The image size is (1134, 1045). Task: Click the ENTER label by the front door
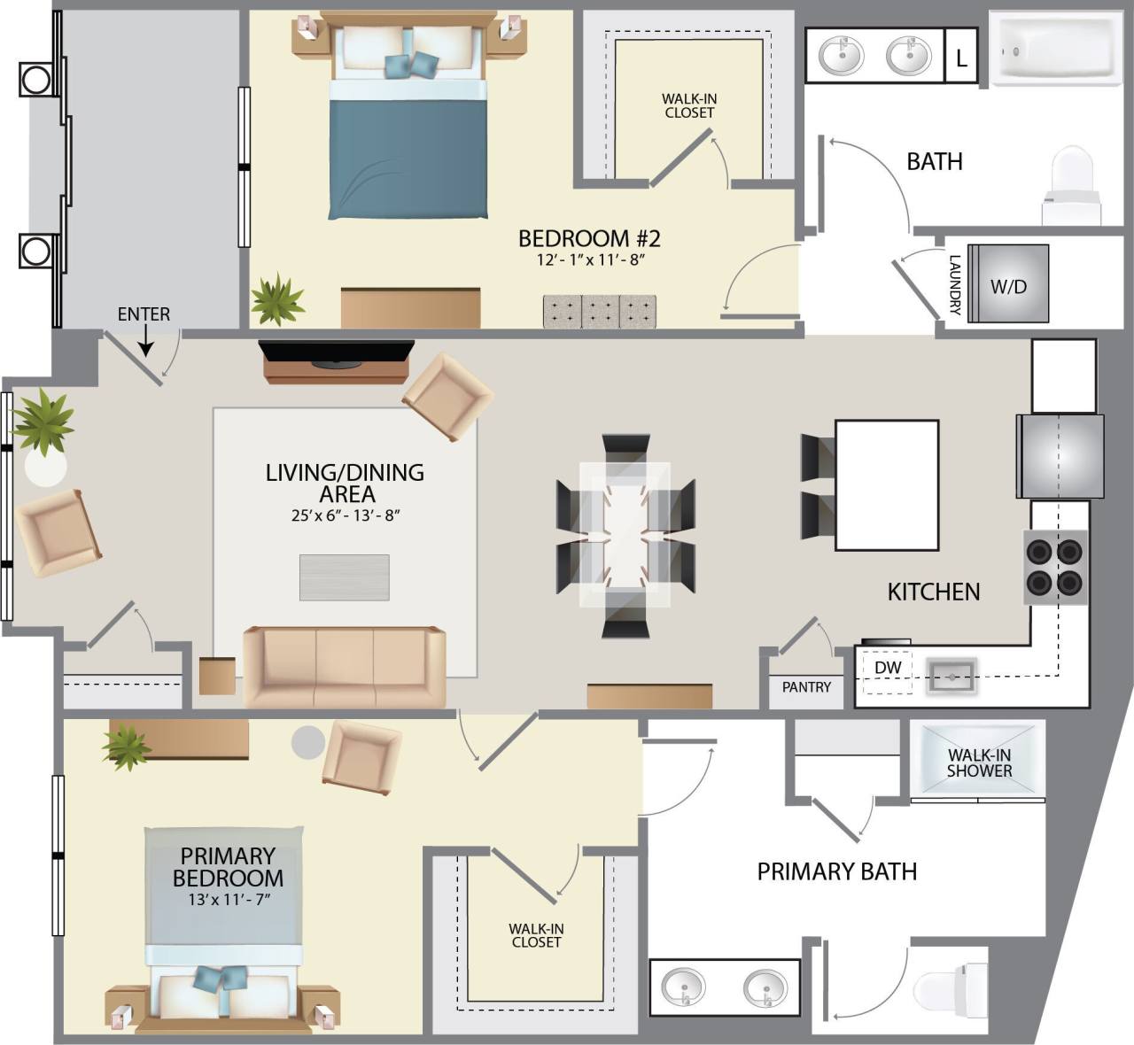(x=144, y=314)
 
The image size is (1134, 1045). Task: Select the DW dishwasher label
(x=888, y=668)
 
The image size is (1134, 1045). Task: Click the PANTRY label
(x=806, y=686)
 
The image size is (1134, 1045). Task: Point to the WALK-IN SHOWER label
(x=978, y=762)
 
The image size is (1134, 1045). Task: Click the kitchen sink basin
(x=951, y=677)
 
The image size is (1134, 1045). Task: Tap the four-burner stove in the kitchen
(x=1055, y=567)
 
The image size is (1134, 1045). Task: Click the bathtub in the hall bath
(x=1053, y=49)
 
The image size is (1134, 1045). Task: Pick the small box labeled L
(x=961, y=58)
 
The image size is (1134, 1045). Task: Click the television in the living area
(x=337, y=352)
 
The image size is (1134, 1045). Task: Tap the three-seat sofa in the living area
(x=345, y=667)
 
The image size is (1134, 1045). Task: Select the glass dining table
(x=625, y=534)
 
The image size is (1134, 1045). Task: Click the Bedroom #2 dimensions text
(x=589, y=260)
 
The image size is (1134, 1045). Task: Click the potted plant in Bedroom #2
(x=277, y=300)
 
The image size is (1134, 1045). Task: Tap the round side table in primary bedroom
(x=308, y=742)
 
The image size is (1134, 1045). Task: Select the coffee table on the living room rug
(x=344, y=577)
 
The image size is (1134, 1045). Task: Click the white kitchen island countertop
(x=887, y=484)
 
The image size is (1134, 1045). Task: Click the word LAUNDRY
(x=955, y=285)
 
